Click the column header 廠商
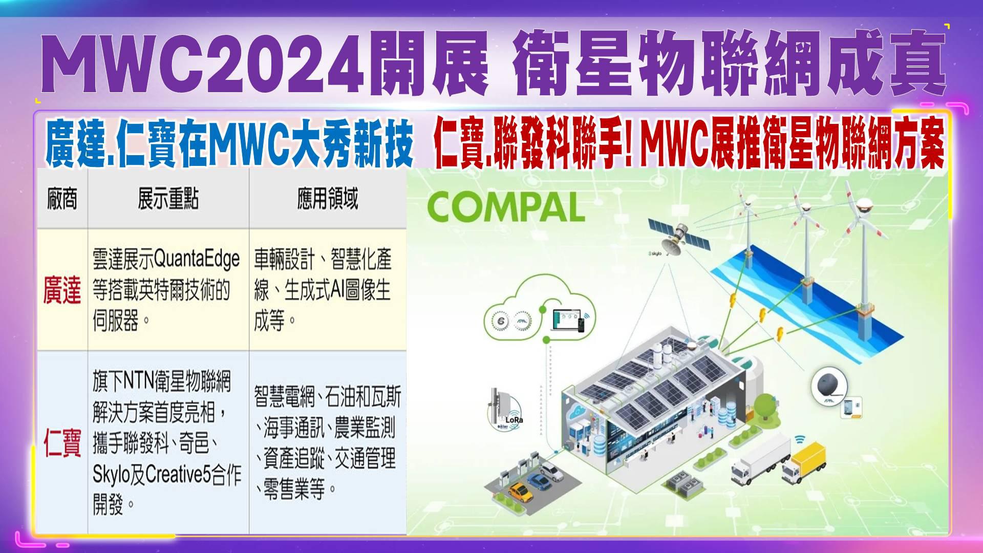click(x=62, y=199)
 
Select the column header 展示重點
click(x=168, y=199)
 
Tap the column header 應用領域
click(x=328, y=199)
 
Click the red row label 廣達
click(x=62, y=290)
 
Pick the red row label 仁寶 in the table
click(x=62, y=443)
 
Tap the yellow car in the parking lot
click(x=521, y=492)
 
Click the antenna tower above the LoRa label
click(x=497, y=407)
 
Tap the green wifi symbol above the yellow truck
click(x=800, y=439)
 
